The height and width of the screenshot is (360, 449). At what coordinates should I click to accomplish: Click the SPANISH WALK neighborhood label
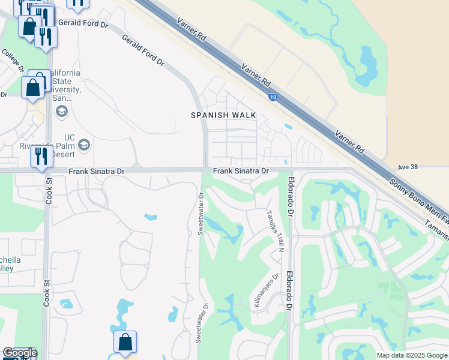pos(223,115)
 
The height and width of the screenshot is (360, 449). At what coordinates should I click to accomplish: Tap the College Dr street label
pos(13,60)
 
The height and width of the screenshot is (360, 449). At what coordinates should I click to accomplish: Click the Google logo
pos(20,353)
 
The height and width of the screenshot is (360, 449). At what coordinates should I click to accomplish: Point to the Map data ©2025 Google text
pos(411,355)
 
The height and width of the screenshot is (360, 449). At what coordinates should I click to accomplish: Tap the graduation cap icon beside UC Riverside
pos(84,145)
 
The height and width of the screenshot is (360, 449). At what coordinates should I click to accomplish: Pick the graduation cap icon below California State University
pos(61,111)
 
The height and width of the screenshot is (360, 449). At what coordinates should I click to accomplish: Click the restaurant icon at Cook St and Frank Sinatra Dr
pos(41,157)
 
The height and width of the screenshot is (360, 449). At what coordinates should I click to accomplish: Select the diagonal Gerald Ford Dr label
pos(143,49)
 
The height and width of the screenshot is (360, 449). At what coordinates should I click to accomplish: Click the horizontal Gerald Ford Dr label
pos(83,25)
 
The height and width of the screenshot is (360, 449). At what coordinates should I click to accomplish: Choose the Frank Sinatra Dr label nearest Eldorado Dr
pos(241,171)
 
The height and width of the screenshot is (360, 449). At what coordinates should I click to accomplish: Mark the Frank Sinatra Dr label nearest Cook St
pos(96,171)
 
